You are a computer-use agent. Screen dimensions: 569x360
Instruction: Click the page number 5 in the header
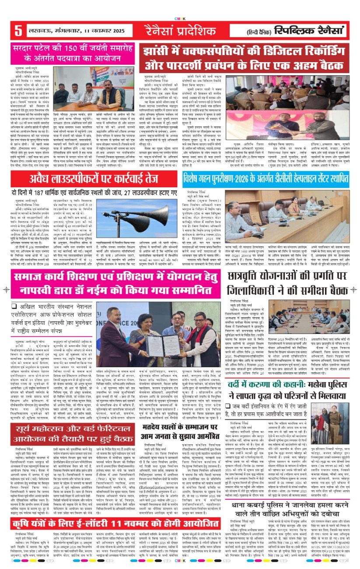coord(18,31)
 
